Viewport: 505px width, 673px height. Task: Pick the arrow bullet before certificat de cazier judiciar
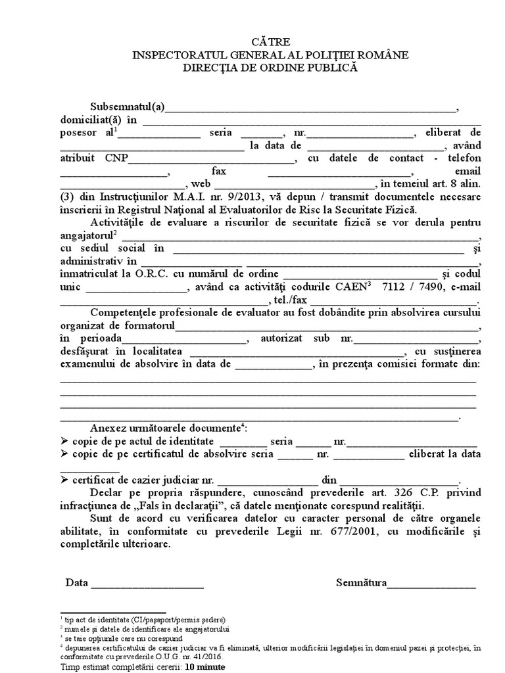tap(64, 480)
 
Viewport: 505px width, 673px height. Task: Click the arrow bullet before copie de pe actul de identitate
tap(64, 440)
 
